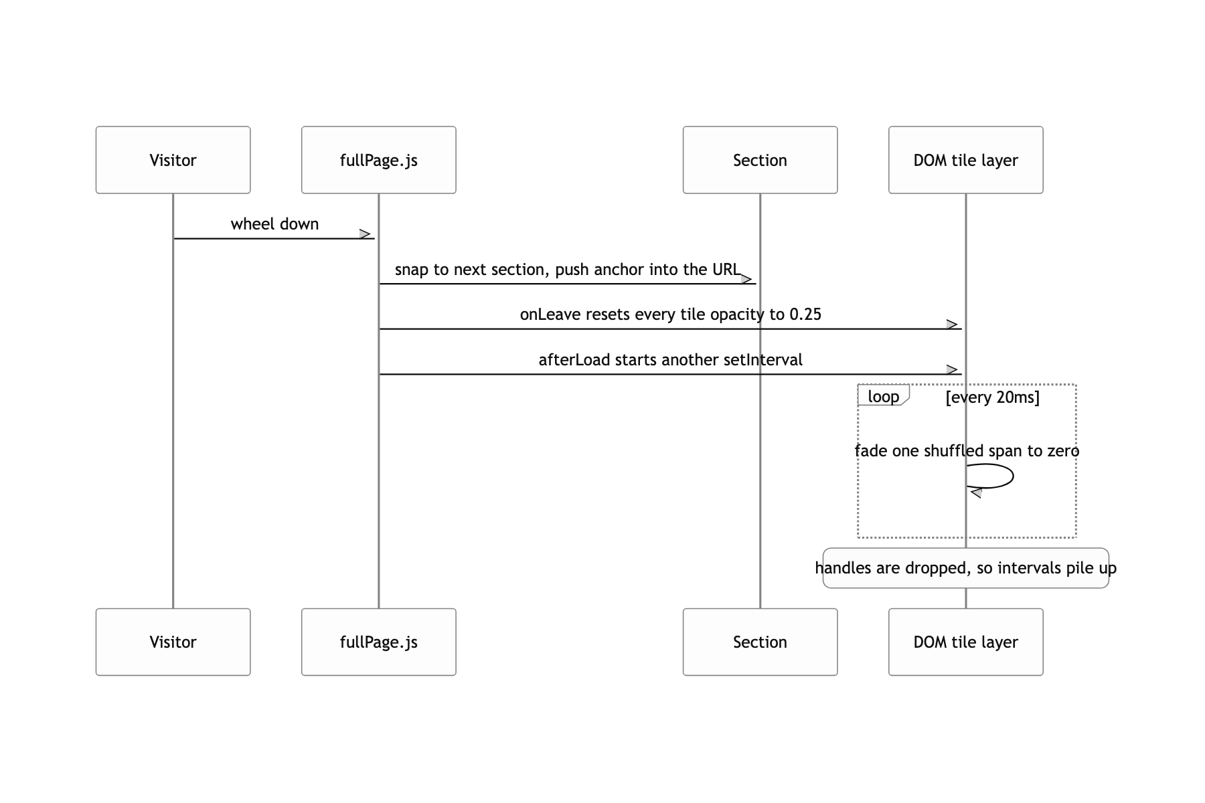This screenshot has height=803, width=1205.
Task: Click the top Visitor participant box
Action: click(173, 160)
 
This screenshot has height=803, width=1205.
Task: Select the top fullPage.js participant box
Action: click(378, 160)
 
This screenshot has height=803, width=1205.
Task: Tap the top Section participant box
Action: click(760, 160)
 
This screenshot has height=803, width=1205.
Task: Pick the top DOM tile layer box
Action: click(965, 160)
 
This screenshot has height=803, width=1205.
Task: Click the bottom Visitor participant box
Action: click(173, 642)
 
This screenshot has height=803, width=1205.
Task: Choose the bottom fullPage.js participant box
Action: click(378, 642)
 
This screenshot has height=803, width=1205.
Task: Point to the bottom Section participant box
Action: click(760, 642)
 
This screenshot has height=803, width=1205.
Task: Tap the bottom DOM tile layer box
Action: click(965, 642)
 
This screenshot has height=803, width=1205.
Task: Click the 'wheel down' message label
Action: click(274, 224)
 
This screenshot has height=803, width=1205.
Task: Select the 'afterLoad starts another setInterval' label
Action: click(670, 360)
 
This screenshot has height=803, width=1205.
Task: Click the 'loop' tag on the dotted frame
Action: click(883, 396)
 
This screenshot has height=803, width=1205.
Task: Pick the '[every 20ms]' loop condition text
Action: click(992, 397)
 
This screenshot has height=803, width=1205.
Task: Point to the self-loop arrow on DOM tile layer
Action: click(1013, 476)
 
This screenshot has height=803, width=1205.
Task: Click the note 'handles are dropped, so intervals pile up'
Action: click(965, 568)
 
